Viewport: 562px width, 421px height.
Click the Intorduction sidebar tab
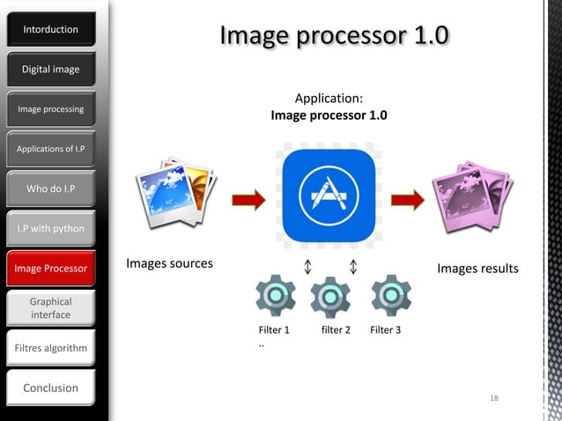pos(50,30)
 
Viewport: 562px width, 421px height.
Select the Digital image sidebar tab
pos(50,70)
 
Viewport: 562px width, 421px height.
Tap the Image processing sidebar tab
pos(50,109)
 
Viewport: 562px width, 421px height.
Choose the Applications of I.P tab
pos(50,149)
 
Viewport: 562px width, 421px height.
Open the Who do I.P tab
pos(50,188)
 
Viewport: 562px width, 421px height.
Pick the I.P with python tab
pos(50,229)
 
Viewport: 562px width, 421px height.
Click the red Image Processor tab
pos(50,268)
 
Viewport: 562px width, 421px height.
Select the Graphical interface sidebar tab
pos(50,308)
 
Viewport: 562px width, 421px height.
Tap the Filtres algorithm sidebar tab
pos(50,348)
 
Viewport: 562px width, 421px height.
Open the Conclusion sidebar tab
pos(50,388)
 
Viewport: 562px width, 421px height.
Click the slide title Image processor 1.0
pos(334,35)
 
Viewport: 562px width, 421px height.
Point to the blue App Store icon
pos(329,196)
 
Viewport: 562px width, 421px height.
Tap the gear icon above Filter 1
pos(276,296)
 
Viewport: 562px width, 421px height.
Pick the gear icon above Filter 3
pos(390,296)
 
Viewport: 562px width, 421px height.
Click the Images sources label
pos(169,263)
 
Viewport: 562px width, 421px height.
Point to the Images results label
pos(478,268)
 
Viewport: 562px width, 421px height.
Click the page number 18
pos(494,399)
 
